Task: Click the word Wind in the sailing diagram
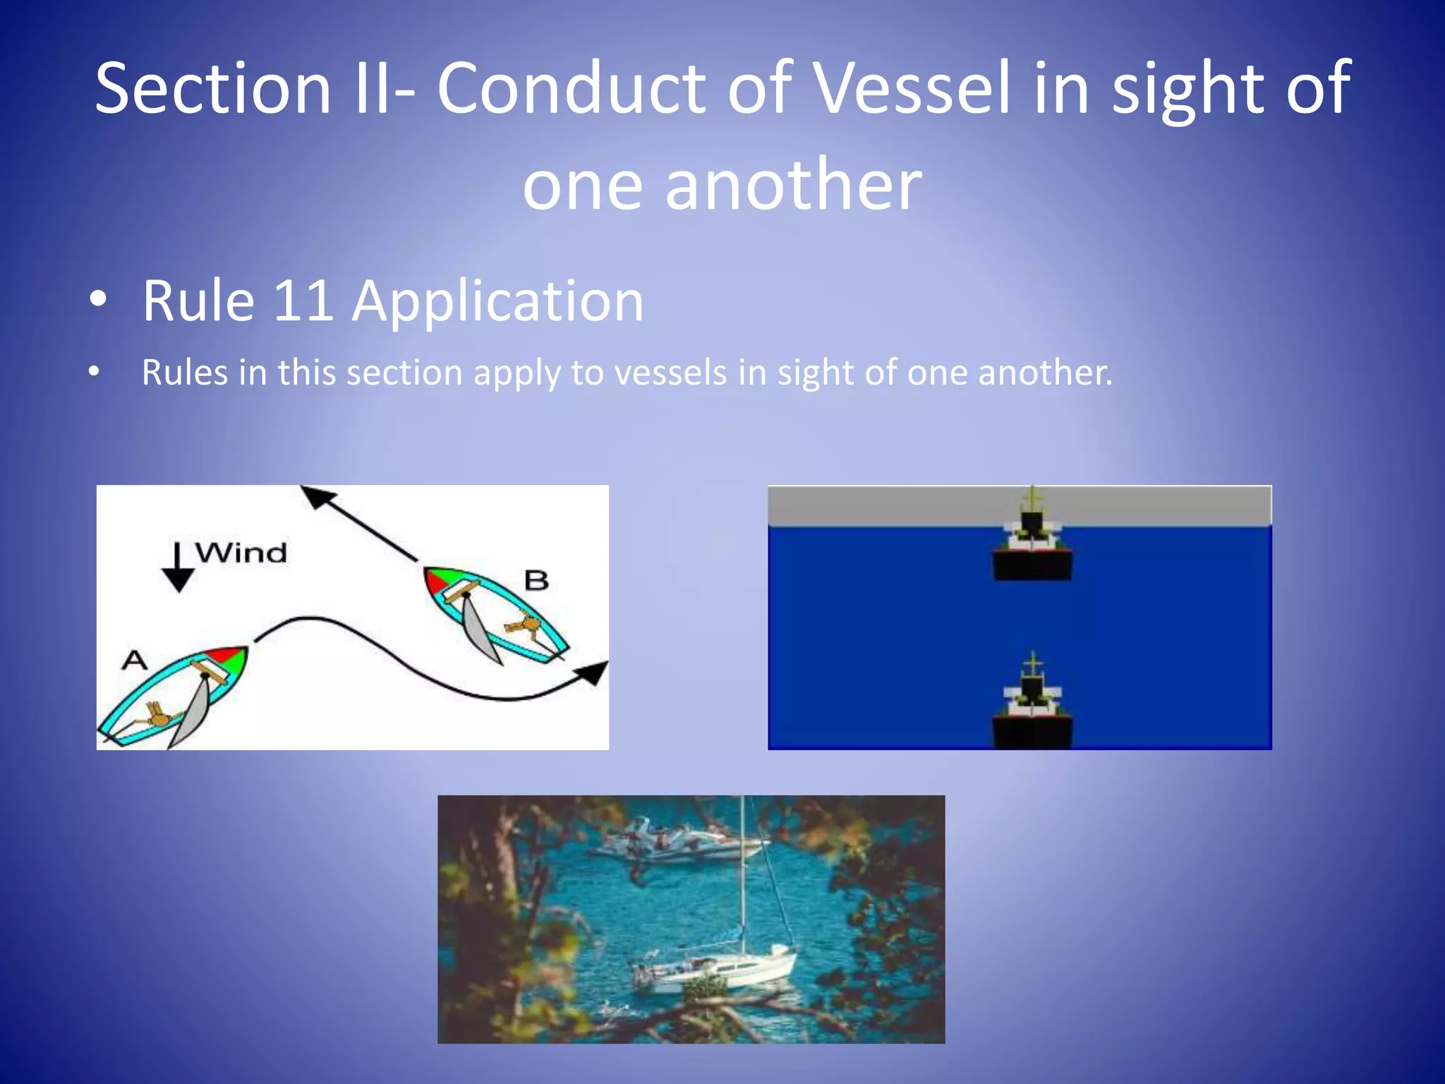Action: (x=241, y=553)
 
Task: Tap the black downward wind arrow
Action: (x=178, y=569)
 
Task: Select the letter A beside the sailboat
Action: (x=135, y=661)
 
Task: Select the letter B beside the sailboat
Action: (x=536, y=581)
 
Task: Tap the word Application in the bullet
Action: (x=498, y=301)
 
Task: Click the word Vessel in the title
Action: (x=913, y=88)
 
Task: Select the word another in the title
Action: (x=793, y=184)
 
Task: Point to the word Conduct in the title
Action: (x=572, y=88)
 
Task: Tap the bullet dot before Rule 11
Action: (x=98, y=300)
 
